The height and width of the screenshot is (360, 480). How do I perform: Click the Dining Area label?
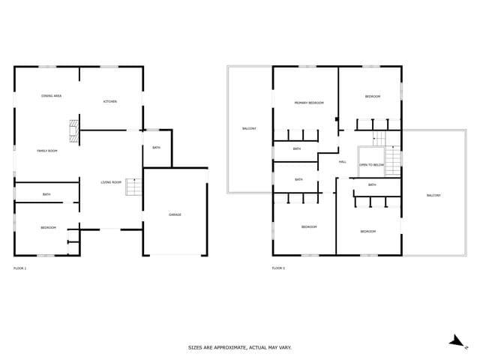click(x=51, y=96)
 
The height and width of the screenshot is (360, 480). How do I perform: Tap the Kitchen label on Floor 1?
click(x=110, y=101)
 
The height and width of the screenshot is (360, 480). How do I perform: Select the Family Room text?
click(x=47, y=151)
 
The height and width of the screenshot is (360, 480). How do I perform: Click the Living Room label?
click(x=111, y=182)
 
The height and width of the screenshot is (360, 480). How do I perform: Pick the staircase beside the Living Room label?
click(x=133, y=187)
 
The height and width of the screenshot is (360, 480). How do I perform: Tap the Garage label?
click(x=175, y=214)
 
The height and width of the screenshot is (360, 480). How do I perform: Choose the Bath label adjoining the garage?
click(x=156, y=148)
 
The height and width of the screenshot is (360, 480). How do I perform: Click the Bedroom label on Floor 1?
click(x=48, y=227)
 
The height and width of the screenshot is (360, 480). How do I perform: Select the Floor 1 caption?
click(x=20, y=268)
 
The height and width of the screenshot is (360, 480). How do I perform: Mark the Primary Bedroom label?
click(x=309, y=103)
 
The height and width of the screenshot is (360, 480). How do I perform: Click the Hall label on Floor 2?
click(x=342, y=162)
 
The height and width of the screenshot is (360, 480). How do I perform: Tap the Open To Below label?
click(x=371, y=164)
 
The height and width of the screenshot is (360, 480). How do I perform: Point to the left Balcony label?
click(x=249, y=128)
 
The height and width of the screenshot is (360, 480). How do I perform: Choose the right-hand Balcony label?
click(x=433, y=195)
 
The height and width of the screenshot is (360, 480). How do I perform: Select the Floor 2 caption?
click(x=278, y=268)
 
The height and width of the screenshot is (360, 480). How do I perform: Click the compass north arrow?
click(x=457, y=340)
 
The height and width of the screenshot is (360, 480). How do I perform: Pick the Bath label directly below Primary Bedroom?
click(x=297, y=149)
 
